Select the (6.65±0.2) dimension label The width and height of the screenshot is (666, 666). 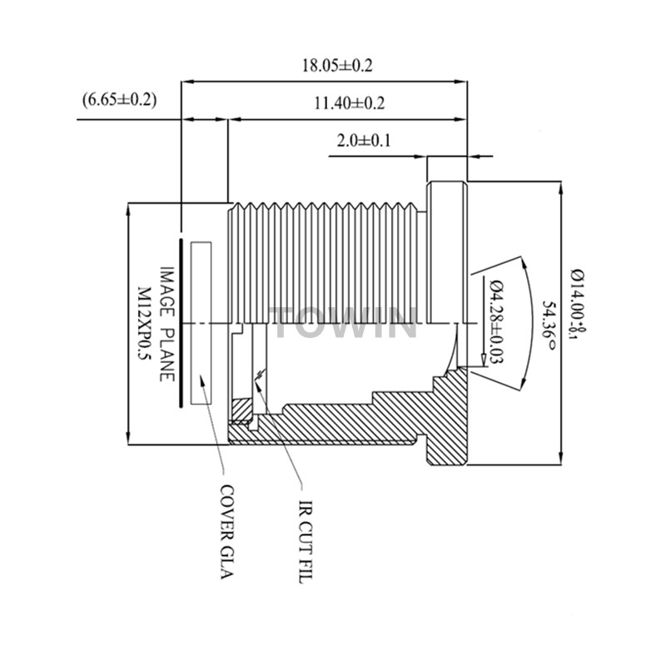[x=120, y=100]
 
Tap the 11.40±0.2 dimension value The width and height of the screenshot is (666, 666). [x=348, y=104]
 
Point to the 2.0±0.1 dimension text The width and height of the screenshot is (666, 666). [x=365, y=141]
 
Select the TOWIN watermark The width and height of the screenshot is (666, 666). [x=345, y=323]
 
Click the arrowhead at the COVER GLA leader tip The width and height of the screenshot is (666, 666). [x=201, y=379]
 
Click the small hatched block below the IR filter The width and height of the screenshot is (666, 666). [x=241, y=410]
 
